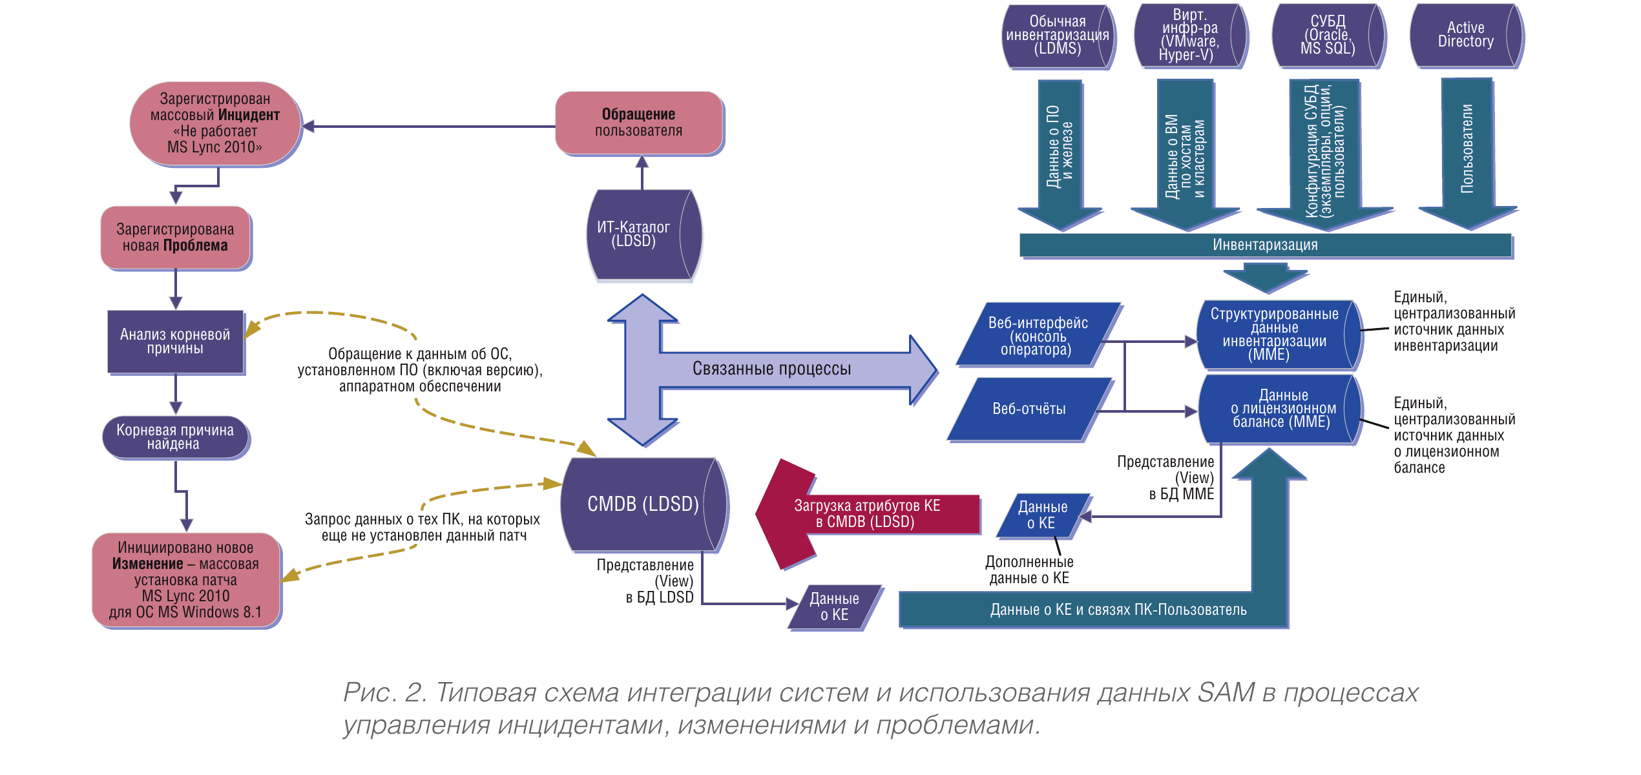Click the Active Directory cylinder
pyautogui.click(x=1465, y=36)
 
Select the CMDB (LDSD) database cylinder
pyautogui.click(x=643, y=504)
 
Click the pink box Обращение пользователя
pyautogui.click(x=638, y=123)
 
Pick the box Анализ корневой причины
pyautogui.click(x=175, y=342)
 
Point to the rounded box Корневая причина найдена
pyautogui.click(x=175, y=437)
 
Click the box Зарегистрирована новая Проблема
pyautogui.click(x=175, y=238)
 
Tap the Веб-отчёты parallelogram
pyautogui.click(x=1029, y=409)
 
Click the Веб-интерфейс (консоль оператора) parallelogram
pyautogui.click(x=1038, y=336)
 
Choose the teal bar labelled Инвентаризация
pyautogui.click(x=1264, y=245)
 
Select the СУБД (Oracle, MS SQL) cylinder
pyautogui.click(x=1327, y=36)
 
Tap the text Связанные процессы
pyautogui.click(x=771, y=369)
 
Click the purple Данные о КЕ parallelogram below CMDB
pyautogui.click(x=834, y=607)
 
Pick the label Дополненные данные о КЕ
pyautogui.click(x=1029, y=570)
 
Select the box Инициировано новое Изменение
pyautogui.click(x=186, y=580)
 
